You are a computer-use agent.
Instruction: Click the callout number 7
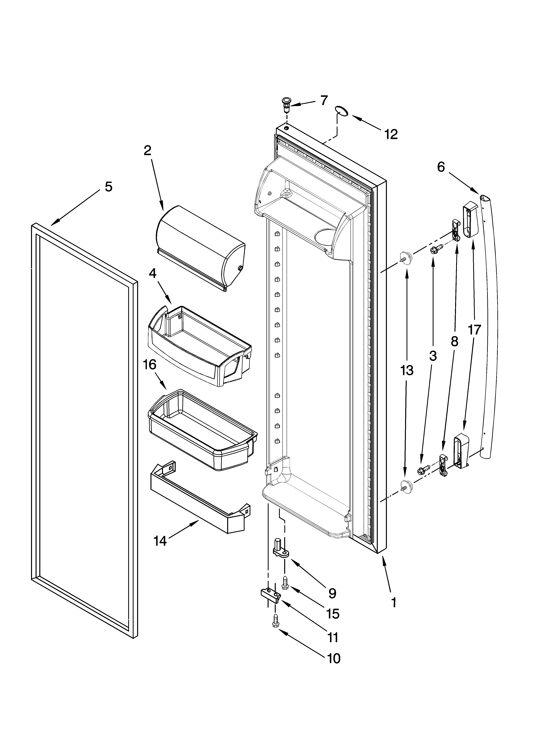click(x=324, y=100)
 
